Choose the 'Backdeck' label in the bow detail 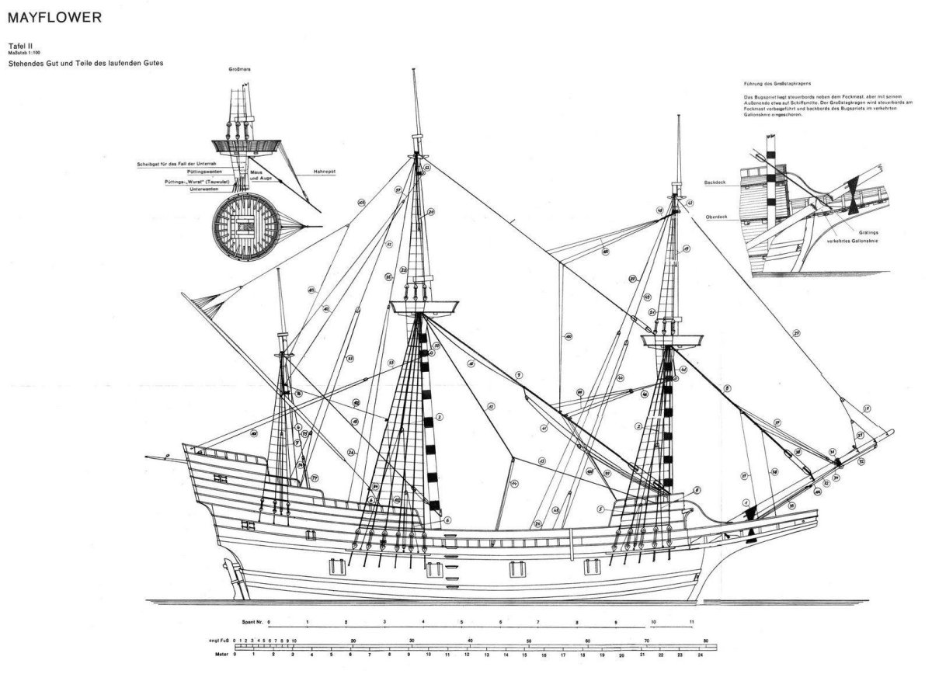tap(715, 184)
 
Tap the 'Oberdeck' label tap(715, 217)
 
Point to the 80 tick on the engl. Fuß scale tap(705, 640)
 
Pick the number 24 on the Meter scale tap(700, 655)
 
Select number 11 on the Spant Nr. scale tap(691, 623)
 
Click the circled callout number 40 tap(569, 337)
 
